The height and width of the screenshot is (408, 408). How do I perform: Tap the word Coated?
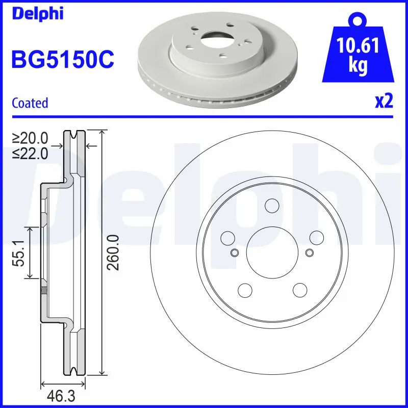coord(30,103)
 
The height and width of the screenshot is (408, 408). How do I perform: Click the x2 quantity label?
coord(384,101)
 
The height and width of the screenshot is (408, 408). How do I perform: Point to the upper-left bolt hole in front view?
coord(226,237)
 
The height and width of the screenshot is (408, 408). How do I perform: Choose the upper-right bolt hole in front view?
coord(317,237)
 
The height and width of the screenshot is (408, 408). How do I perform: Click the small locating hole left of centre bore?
coord(235,253)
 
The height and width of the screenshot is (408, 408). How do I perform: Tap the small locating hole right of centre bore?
coord(309,253)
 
